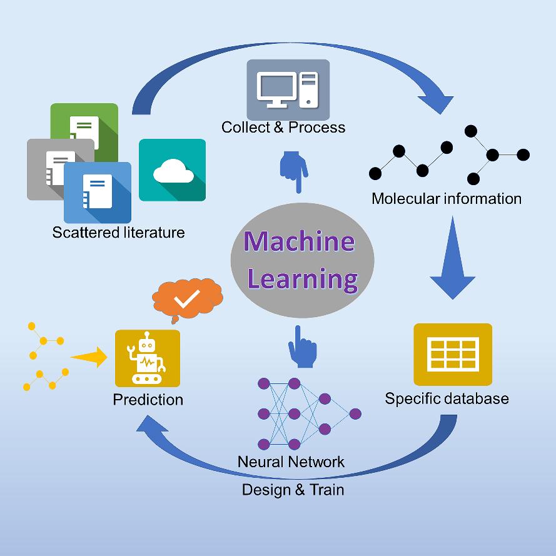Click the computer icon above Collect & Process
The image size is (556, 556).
288,89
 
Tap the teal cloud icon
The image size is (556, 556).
172,169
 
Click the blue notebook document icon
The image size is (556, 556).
98,192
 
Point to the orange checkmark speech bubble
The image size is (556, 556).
187,299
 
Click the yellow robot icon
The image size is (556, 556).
148,358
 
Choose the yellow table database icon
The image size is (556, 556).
453,354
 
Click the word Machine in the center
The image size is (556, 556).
299,241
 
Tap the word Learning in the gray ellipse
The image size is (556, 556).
303,278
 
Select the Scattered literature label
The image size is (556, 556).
119,233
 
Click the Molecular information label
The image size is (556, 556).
447,199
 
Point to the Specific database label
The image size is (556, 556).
447,398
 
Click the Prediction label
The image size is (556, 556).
148,399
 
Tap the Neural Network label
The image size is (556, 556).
291,462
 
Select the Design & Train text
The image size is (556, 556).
293,489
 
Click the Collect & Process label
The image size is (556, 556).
283,128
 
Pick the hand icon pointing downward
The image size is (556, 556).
293,171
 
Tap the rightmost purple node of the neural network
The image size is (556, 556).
355,413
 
